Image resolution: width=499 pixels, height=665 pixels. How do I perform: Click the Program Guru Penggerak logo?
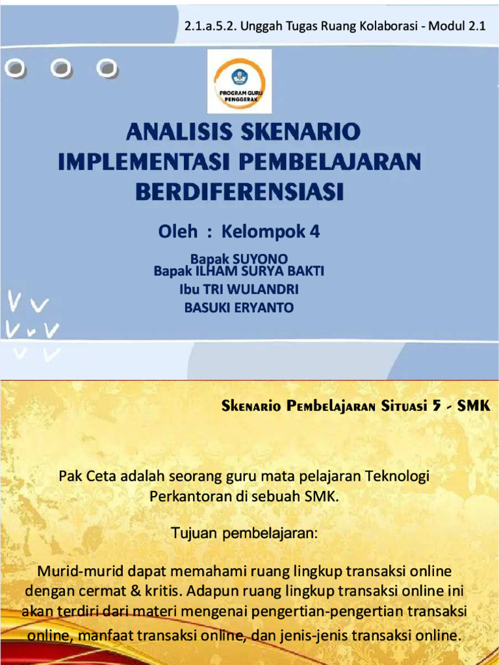coord(240,81)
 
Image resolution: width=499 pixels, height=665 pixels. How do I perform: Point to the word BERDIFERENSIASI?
coord(239,192)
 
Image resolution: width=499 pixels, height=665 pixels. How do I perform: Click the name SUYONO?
coord(260,259)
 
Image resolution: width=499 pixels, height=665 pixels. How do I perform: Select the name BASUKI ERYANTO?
coord(239,308)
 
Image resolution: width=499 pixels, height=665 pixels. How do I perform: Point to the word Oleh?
coord(177,232)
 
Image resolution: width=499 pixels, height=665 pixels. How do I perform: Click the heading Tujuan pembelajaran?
coord(244,534)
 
